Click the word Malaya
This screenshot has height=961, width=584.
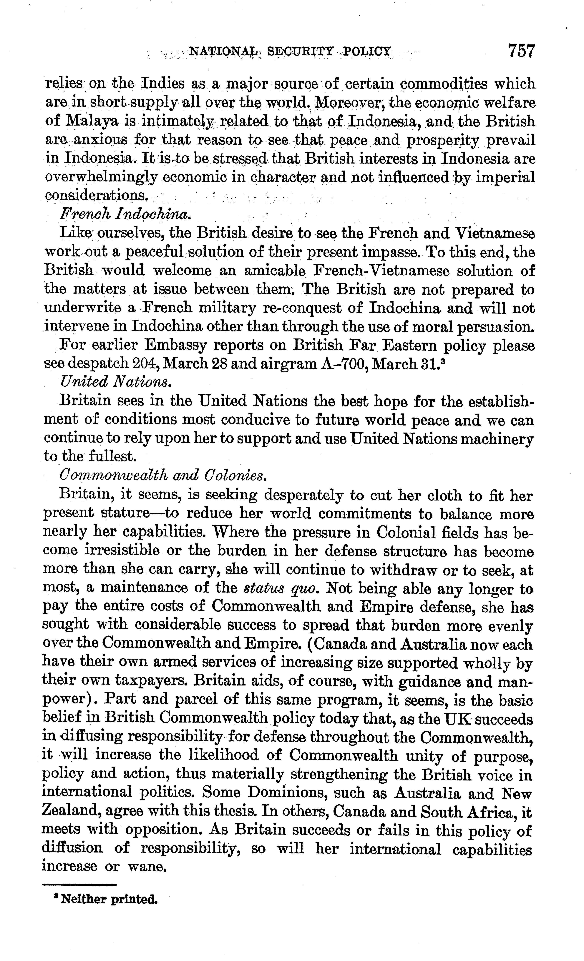tap(93, 121)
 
